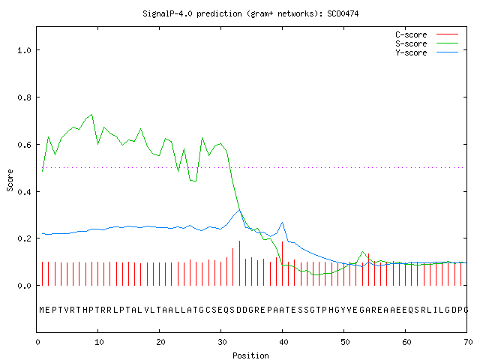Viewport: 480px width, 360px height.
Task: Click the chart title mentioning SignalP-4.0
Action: tap(250, 13)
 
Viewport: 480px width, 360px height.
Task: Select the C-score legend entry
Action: tap(427, 34)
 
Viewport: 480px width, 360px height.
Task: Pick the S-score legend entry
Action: tap(427, 43)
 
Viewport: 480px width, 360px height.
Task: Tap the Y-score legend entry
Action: tap(427, 52)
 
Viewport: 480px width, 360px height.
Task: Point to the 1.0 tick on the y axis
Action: tap(24, 50)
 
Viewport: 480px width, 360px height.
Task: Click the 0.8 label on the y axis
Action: tap(24, 97)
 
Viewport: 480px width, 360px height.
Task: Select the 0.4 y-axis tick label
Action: tap(24, 192)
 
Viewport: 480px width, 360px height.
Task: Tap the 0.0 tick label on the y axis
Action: tap(24, 286)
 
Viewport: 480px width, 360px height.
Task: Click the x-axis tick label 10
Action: tap(99, 342)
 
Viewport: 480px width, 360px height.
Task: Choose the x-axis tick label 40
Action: tap(283, 342)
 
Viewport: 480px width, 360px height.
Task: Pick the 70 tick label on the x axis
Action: tap(468, 342)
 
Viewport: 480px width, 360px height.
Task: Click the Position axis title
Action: tap(250, 355)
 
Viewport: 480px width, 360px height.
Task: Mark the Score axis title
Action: tap(10, 180)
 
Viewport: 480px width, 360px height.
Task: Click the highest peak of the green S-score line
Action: tap(91, 115)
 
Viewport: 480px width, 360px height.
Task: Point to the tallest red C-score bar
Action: tap(240, 263)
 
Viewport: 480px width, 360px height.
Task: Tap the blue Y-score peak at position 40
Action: tap(282, 223)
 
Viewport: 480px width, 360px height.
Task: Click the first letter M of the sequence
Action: tap(42, 310)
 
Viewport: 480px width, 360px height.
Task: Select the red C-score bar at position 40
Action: tap(282, 263)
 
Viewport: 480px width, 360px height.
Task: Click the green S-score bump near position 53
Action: tap(363, 252)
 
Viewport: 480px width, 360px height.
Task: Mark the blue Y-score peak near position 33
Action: tap(240, 210)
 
